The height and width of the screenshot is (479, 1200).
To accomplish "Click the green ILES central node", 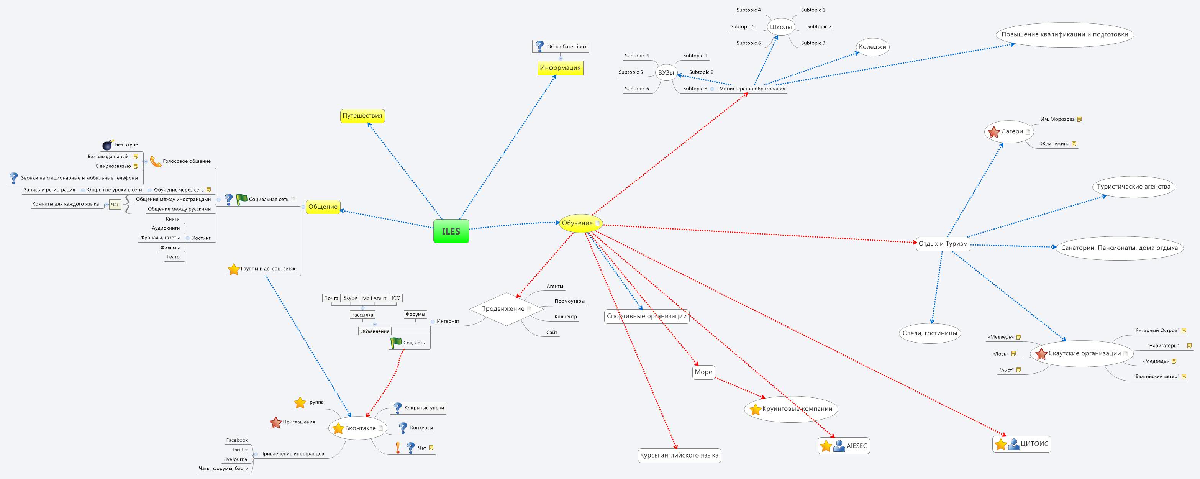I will (x=451, y=231).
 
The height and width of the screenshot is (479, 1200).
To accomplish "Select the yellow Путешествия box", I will (x=362, y=116).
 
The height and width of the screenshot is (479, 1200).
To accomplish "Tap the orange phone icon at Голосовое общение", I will (x=156, y=162).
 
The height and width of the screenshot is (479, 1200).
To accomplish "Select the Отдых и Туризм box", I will (x=943, y=244).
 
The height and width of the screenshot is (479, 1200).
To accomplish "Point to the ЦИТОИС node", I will (x=1021, y=444).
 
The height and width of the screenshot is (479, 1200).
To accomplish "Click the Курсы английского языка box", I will (x=679, y=455).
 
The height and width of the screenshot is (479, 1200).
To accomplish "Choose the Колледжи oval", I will (x=872, y=47).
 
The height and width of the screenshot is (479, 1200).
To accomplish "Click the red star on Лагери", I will (x=993, y=132).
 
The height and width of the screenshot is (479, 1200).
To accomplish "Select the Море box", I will (x=703, y=372).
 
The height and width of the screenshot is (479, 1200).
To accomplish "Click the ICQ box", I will (x=396, y=298).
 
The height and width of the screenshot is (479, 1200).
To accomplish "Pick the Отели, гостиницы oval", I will (x=930, y=333).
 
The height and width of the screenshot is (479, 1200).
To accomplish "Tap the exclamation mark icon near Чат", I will (x=397, y=448).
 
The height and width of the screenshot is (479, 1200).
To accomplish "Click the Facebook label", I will (x=237, y=440).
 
